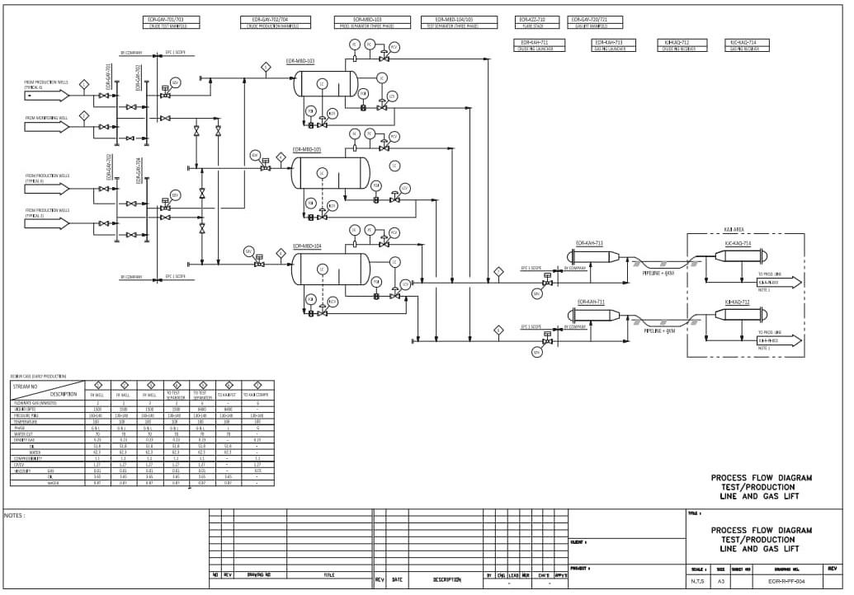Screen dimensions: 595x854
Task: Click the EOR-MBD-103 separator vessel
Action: coord(326,82)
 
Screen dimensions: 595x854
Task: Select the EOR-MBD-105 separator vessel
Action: coord(330,172)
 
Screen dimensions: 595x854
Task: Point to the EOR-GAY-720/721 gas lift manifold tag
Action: coord(589,22)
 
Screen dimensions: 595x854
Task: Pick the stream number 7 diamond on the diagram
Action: coord(498,271)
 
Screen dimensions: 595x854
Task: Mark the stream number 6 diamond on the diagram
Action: coord(498,330)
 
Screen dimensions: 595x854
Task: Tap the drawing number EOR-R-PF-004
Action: coord(786,582)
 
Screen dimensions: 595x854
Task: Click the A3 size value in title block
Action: coord(720,582)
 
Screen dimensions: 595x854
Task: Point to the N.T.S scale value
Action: coord(697,582)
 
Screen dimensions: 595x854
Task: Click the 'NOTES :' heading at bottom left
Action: coord(15,516)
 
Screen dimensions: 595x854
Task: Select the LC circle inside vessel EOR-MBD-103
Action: coord(322,83)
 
